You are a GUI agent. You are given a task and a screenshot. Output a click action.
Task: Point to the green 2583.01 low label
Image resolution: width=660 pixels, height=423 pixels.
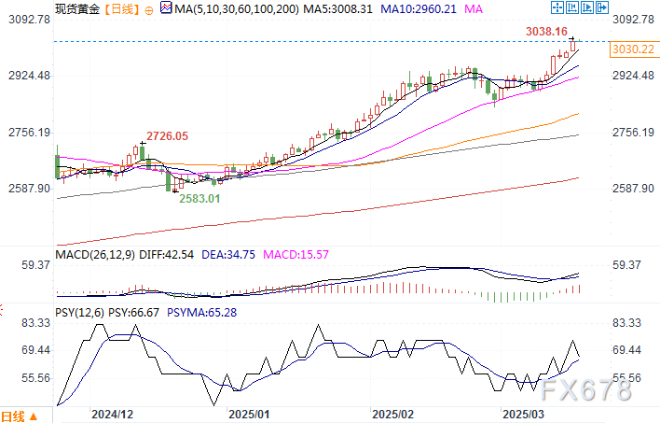[200, 199]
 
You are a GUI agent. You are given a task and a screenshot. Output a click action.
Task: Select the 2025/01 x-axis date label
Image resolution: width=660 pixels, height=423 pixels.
[249, 412]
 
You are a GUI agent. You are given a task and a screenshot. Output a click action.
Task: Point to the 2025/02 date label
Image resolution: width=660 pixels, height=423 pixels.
[392, 412]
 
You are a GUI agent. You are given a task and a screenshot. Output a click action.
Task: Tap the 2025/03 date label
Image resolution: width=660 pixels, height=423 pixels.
[522, 412]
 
